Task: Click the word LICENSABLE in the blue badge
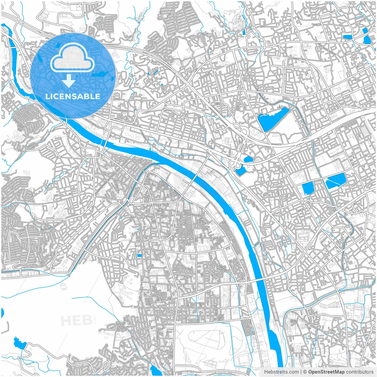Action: pos(72,97)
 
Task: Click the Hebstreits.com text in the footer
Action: pos(281,372)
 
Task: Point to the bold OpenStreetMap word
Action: pos(326,372)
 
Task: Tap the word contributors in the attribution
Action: pos(360,372)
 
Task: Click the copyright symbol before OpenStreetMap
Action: pos(305,372)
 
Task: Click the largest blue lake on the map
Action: pos(273,119)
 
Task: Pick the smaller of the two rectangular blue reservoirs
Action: pos(308,188)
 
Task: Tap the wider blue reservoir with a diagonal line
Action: pos(335,180)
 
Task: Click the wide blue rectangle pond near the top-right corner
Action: pos(348,37)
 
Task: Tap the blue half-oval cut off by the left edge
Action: pos(2,313)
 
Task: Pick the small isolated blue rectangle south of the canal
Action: pos(139,256)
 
